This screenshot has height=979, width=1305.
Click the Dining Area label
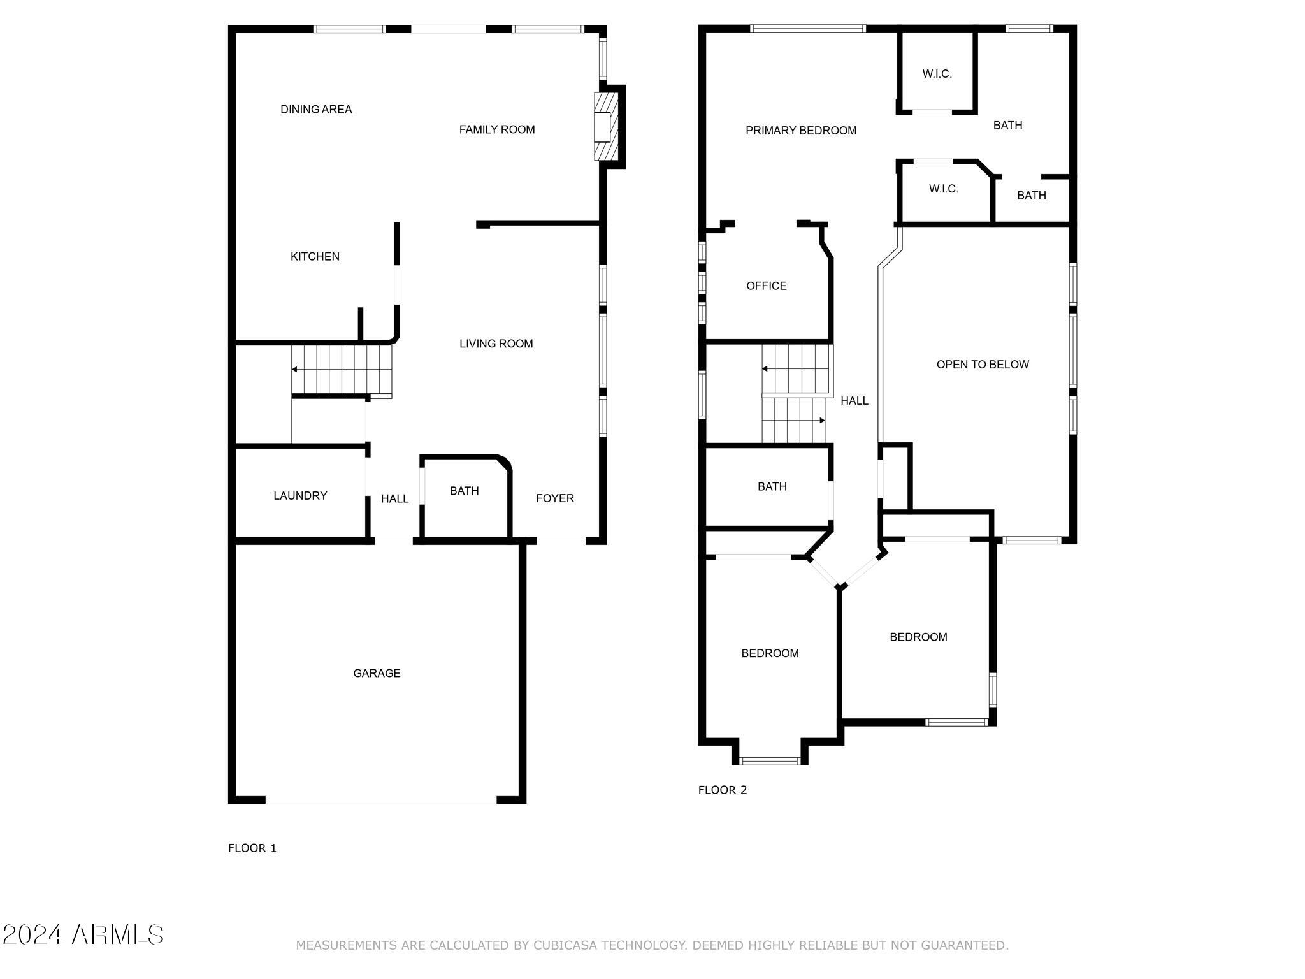pyautogui.click(x=316, y=110)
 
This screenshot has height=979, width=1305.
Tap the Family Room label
pyautogui.click(x=497, y=130)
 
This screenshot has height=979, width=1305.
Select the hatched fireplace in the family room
pyautogui.click(x=606, y=126)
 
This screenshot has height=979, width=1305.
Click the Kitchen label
pyautogui.click(x=315, y=257)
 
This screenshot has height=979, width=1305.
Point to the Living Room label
pyautogui.click(x=496, y=344)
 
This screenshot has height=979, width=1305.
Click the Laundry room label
pyautogui.click(x=300, y=496)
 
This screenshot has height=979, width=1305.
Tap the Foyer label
pyautogui.click(x=555, y=498)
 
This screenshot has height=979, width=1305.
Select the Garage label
pyautogui.click(x=377, y=673)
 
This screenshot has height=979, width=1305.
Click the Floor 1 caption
pyautogui.click(x=252, y=848)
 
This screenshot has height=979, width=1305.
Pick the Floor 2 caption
pyautogui.click(x=723, y=790)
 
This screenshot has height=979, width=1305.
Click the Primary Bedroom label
pyautogui.click(x=801, y=131)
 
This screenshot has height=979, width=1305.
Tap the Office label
pyautogui.click(x=767, y=286)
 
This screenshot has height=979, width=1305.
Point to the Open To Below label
pyautogui.click(x=983, y=365)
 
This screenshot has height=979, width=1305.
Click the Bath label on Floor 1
pyautogui.click(x=464, y=491)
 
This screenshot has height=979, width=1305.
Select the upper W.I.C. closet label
pyautogui.click(x=937, y=74)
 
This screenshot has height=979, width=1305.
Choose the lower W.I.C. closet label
pyautogui.click(x=944, y=189)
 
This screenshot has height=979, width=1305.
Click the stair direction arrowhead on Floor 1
pyautogui.click(x=294, y=370)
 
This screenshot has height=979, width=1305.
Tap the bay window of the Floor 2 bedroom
pyautogui.click(x=770, y=760)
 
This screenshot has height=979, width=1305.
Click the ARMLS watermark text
pyautogui.click(x=83, y=935)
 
